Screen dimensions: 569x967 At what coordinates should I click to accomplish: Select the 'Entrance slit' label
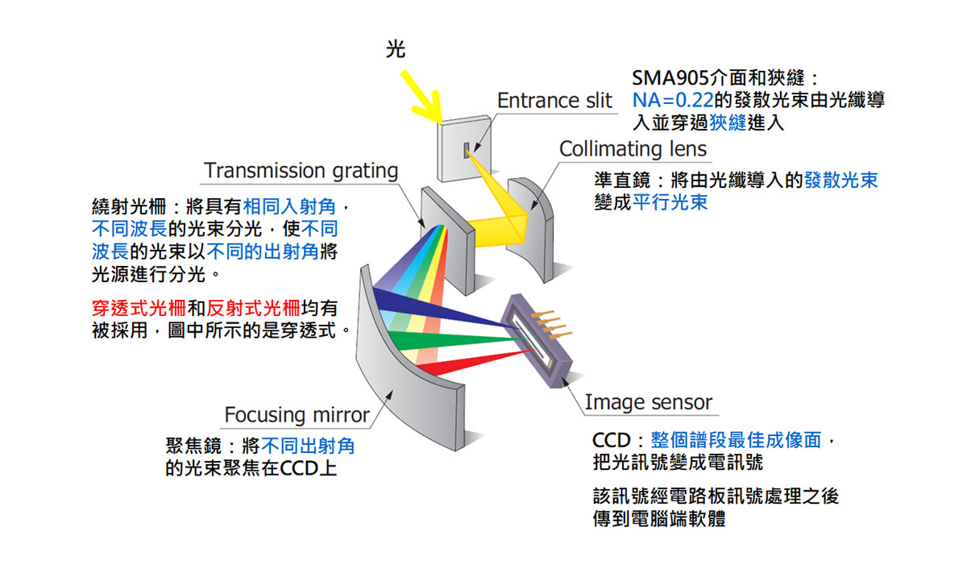tap(554, 101)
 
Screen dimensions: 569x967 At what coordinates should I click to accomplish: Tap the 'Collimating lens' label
tap(633, 148)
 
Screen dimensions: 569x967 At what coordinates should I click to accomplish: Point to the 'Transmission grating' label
tap(301, 171)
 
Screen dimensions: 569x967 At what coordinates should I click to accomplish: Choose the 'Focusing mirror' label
tap(297, 415)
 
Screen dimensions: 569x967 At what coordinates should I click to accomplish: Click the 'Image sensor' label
tap(649, 401)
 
